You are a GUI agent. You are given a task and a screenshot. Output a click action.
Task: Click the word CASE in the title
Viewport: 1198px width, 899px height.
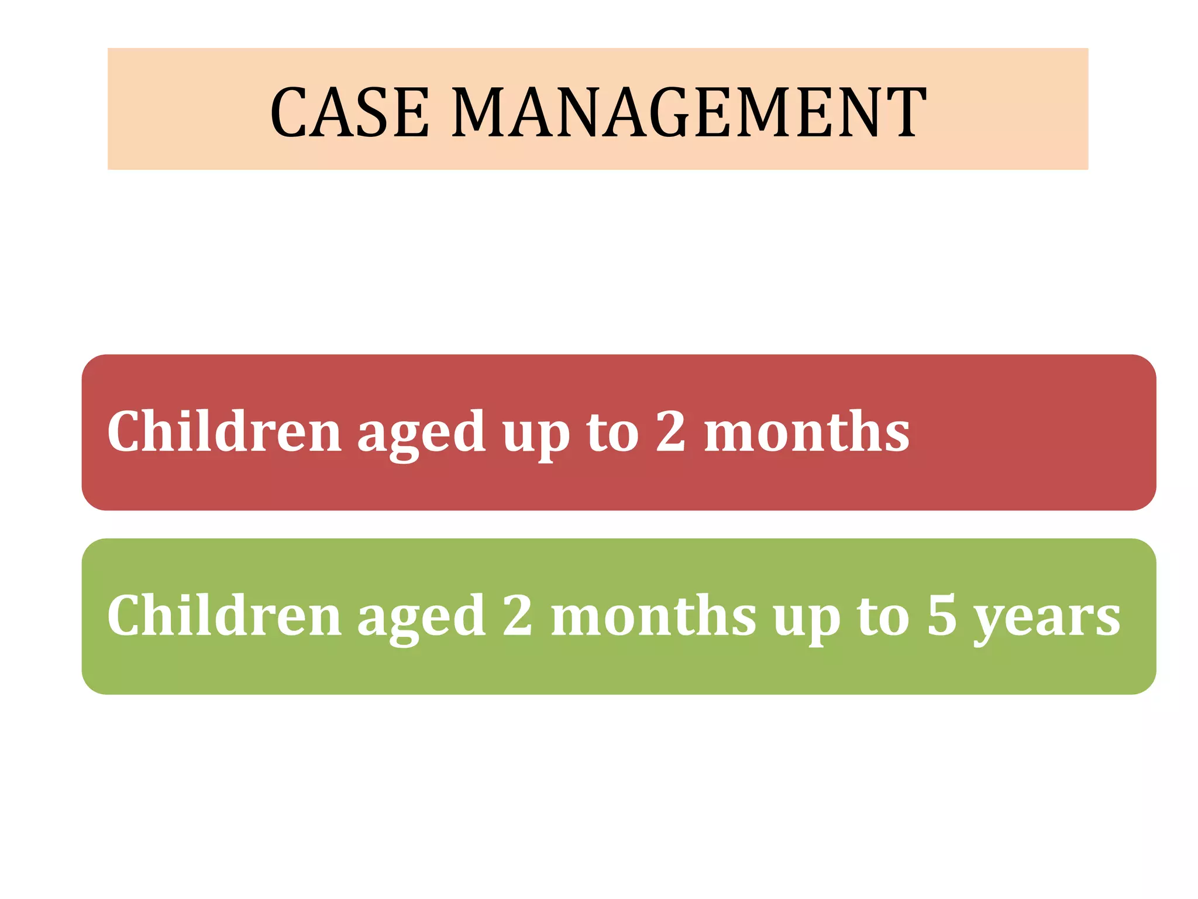pyautogui.click(x=350, y=112)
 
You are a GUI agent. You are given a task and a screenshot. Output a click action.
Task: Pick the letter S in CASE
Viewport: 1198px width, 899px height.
pyautogui.click(x=375, y=112)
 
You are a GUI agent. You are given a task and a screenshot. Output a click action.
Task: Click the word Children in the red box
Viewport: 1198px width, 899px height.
pyautogui.click(x=224, y=432)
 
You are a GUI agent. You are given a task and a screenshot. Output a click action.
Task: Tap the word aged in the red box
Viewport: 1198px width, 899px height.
pyautogui.click(x=421, y=436)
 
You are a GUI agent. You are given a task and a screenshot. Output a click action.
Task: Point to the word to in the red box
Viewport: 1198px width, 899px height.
pyautogui.click(x=613, y=433)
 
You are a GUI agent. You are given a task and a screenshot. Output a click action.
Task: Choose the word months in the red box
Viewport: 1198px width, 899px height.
pyautogui.click(x=807, y=432)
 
